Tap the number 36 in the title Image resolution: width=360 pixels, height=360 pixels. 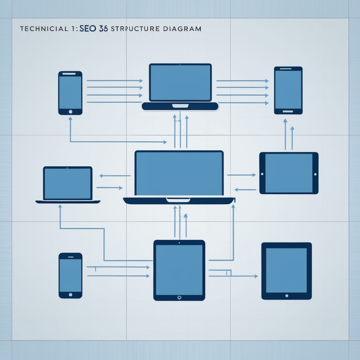104,28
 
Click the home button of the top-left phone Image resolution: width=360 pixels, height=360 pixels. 70,111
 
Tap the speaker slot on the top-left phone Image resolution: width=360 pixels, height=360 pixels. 70,74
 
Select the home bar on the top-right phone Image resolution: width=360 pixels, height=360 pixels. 288,111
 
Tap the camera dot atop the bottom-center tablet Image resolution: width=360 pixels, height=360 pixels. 179,243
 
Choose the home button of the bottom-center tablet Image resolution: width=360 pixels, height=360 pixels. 179,297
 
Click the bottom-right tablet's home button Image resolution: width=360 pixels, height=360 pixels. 287,296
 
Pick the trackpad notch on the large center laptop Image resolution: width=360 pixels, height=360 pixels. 178,200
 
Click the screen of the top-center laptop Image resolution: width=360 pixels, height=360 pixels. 180,83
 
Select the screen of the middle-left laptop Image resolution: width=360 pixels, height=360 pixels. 68,183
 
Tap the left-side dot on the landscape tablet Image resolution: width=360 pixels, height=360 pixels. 262,174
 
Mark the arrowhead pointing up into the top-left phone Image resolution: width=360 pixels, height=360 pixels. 70,119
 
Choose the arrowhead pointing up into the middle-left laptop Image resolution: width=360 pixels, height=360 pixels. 60,207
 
